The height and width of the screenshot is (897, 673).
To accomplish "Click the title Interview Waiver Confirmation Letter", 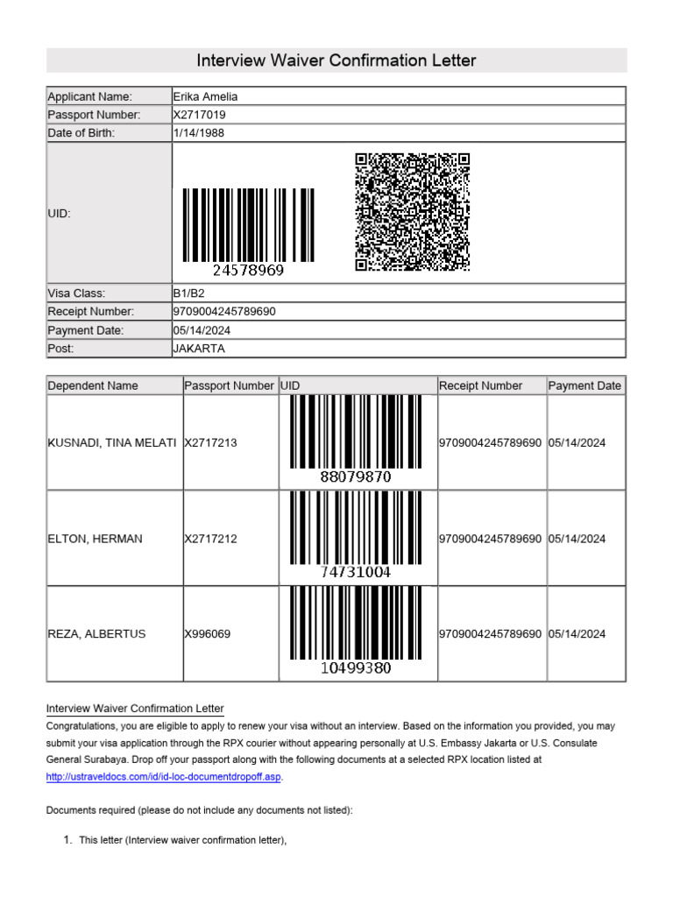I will [336, 60].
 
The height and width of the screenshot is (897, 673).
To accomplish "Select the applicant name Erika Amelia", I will [206, 96].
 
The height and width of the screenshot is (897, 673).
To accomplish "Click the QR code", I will [412, 212].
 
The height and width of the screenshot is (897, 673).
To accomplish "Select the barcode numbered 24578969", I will [248, 230].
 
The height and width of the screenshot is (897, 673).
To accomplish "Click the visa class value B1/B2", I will [189, 293].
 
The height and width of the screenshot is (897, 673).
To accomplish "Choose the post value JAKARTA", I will [200, 349].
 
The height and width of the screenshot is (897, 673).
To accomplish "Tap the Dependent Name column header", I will [93, 385].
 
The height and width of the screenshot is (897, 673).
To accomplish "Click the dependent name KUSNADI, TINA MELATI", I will [112, 443].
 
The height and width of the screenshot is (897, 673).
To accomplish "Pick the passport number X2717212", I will [211, 539].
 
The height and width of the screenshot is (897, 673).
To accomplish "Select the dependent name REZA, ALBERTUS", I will [97, 633].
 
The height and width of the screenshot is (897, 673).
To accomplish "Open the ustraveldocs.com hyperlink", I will [164, 777].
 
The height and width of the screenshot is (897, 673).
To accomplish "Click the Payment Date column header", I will [584, 385].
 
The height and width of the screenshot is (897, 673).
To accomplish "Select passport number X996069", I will [208, 633].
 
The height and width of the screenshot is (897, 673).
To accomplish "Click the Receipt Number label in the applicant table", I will [91, 312].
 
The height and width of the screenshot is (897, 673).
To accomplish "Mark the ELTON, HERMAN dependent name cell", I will [95, 539].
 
